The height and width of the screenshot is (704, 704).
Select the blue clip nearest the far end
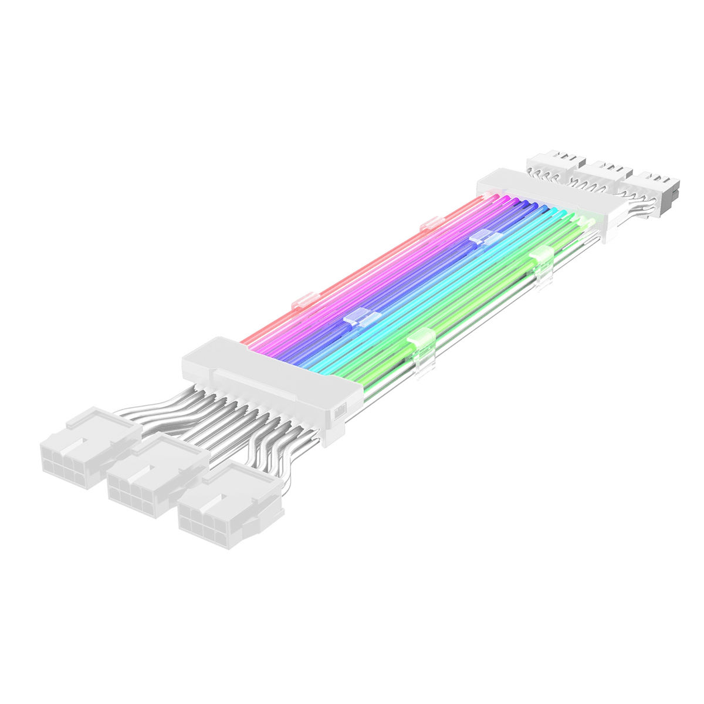point(485,238)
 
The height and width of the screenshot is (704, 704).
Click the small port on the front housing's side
point(340,412)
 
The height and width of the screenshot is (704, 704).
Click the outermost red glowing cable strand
point(358,270)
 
